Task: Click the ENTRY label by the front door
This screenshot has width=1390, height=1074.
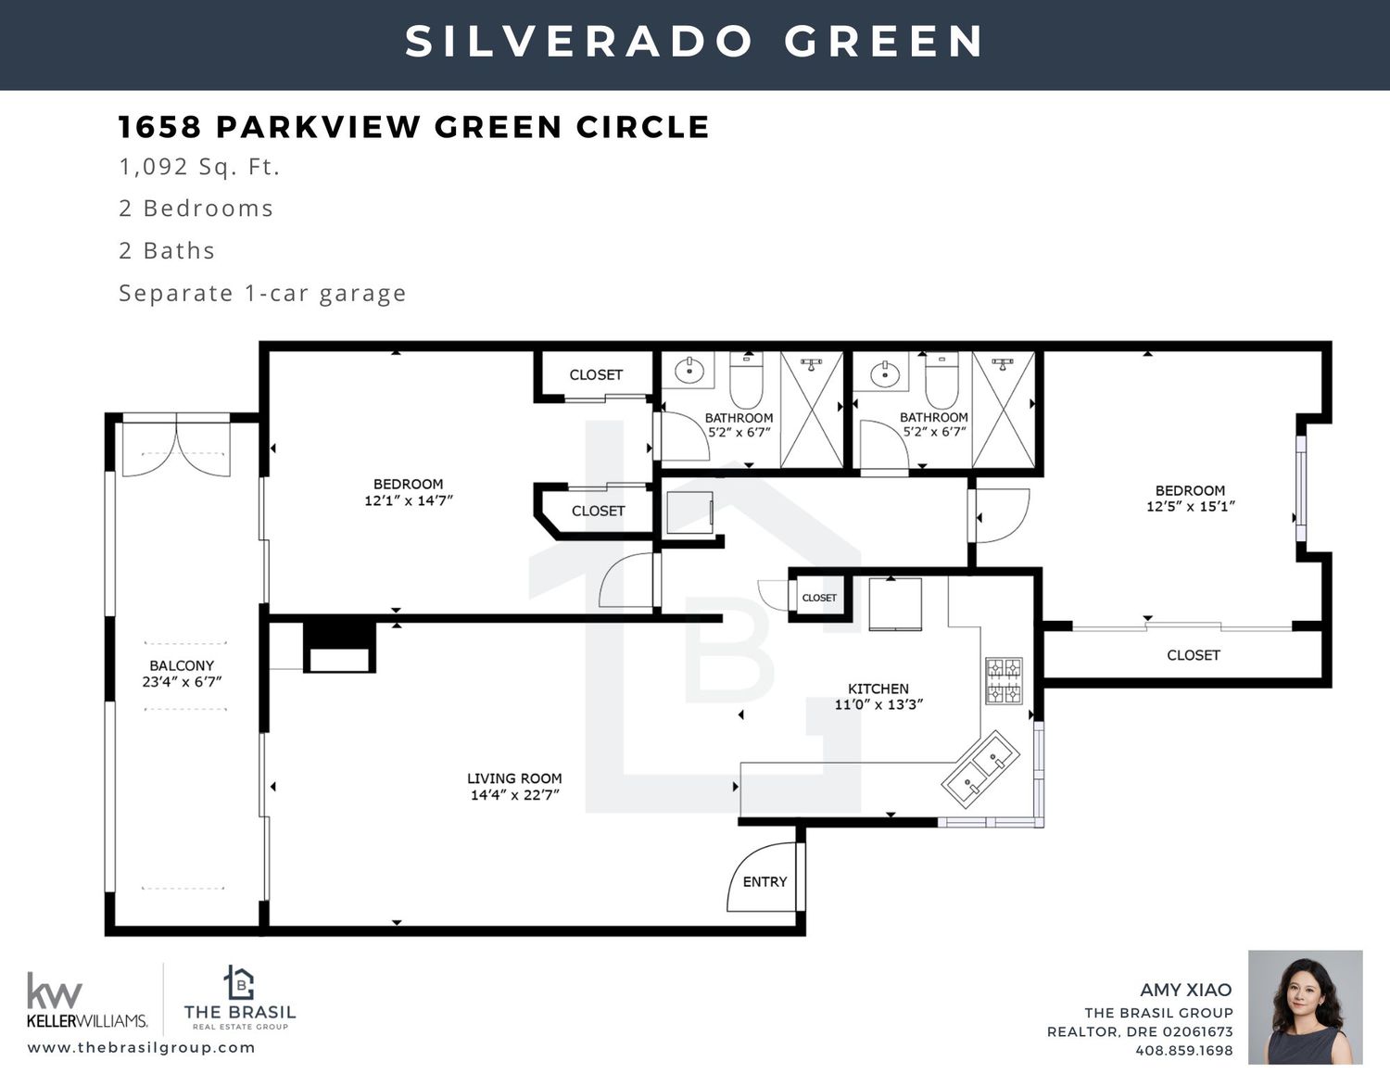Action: click(764, 881)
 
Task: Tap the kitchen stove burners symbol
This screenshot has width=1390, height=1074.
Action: click(1004, 680)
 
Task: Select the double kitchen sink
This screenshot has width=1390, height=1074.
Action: click(979, 769)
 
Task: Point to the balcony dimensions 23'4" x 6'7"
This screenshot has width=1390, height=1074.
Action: click(182, 682)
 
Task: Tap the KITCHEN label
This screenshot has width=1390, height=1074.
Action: click(878, 689)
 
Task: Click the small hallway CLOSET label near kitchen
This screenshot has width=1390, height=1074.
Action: click(819, 598)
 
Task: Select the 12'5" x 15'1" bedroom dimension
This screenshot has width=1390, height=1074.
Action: click(1191, 507)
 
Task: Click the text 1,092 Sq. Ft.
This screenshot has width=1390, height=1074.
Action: click(199, 167)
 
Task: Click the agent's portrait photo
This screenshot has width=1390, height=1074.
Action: click(1306, 1007)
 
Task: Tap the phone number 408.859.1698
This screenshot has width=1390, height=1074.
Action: click(1184, 1050)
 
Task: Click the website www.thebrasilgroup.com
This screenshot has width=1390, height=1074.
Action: click(142, 1047)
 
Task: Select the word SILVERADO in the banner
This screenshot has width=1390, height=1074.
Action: click(579, 42)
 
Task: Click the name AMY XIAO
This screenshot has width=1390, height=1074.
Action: click(1186, 990)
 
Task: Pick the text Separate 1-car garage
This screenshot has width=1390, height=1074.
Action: click(263, 293)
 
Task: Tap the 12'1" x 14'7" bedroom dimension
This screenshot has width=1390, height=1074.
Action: click(409, 500)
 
